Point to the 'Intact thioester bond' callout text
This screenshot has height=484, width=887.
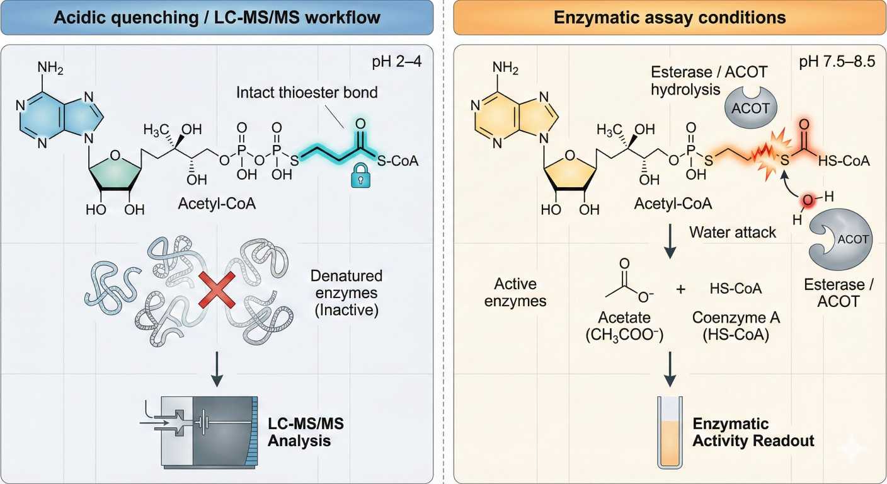(x=307, y=92)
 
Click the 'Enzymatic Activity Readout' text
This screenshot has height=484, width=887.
(x=753, y=432)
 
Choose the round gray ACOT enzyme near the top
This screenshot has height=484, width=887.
(x=750, y=107)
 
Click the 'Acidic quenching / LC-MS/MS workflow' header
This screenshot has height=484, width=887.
(x=217, y=17)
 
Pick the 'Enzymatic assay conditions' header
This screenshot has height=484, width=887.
(x=670, y=17)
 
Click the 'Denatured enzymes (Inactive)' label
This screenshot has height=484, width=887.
(x=346, y=293)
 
